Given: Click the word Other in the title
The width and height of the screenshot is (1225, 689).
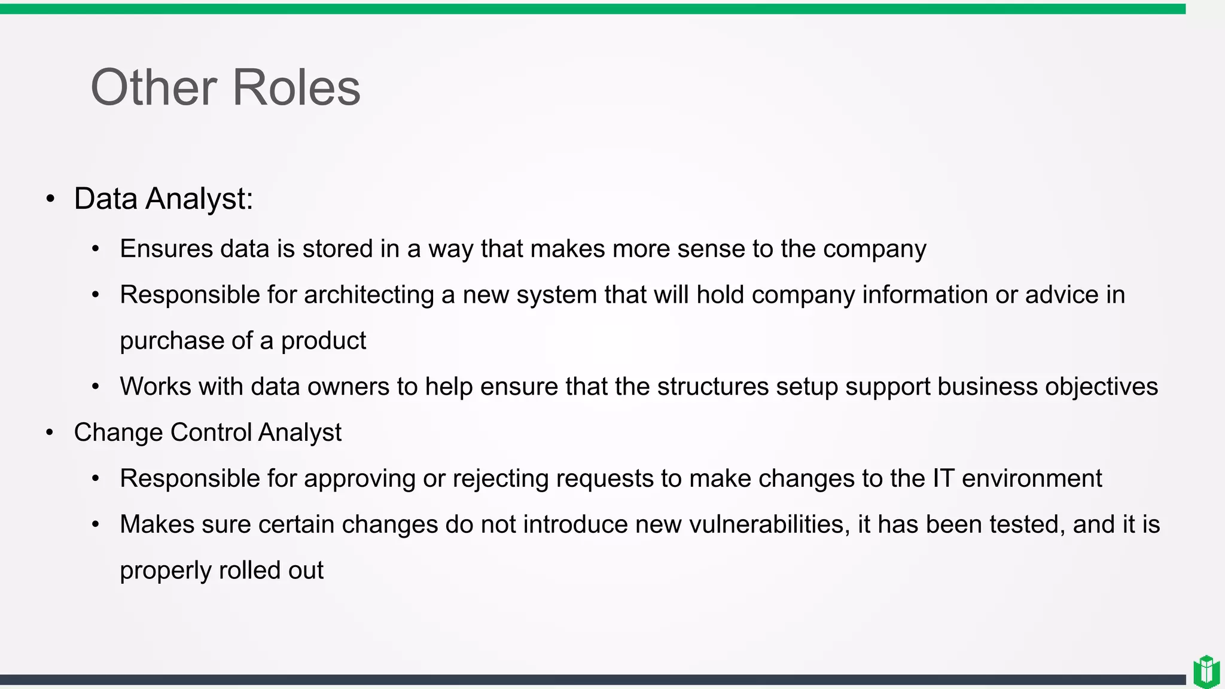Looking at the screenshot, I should [x=153, y=88].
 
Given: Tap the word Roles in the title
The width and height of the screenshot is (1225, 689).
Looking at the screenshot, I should [x=296, y=88].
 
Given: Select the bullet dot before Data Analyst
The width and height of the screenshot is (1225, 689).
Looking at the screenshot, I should [x=50, y=199].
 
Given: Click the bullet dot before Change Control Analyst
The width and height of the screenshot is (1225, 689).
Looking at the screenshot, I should [x=50, y=432].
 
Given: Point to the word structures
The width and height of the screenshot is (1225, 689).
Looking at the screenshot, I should [x=712, y=387].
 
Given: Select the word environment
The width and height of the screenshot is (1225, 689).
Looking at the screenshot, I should [x=1032, y=478].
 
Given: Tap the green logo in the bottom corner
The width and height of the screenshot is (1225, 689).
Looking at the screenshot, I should [x=1206, y=671].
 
